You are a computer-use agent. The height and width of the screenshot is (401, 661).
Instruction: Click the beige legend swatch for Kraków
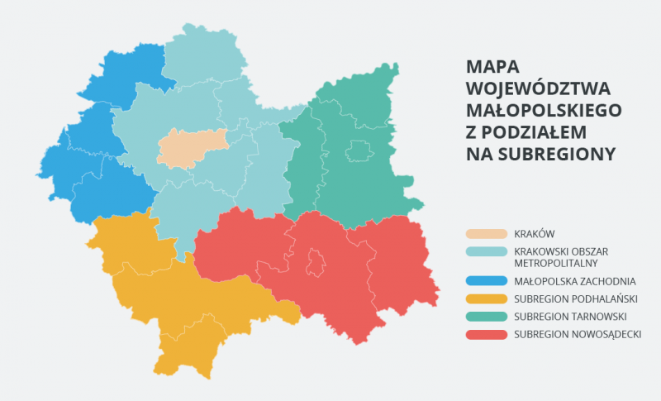point(485,234)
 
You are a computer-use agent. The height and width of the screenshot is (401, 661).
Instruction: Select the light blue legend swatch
point(485,253)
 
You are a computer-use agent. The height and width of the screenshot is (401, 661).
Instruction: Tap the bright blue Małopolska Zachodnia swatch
point(485,280)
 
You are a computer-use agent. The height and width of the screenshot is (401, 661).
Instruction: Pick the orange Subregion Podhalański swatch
point(485,298)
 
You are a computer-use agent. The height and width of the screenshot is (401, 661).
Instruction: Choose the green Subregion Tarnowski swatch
point(485,317)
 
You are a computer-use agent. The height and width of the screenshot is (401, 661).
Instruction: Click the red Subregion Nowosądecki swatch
point(485,335)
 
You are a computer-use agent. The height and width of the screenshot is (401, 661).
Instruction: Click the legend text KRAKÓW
point(534,234)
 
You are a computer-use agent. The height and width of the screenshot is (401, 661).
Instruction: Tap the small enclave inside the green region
point(359,150)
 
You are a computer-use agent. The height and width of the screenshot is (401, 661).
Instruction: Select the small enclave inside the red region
point(316,263)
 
